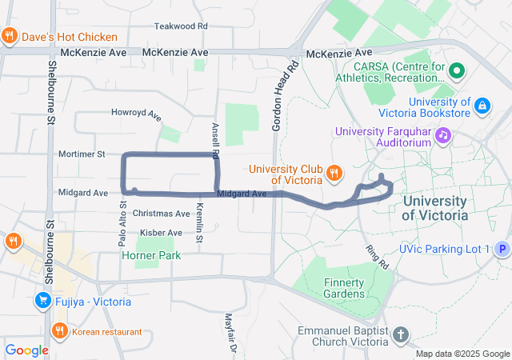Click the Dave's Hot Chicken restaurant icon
10,36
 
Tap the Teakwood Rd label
181,26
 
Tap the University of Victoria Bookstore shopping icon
482,106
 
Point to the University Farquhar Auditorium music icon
442,137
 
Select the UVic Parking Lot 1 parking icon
502,250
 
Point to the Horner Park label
151,255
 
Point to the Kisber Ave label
161,233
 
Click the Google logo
26,350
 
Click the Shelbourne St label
50,94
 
